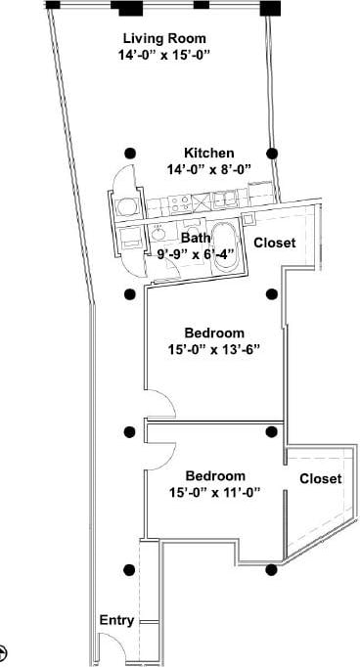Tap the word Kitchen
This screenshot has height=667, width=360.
click(x=209, y=154)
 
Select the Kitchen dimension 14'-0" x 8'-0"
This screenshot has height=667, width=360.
click(x=207, y=168)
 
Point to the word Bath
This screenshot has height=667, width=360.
click(x=196, y=238)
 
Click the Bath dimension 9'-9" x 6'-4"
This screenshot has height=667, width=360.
click(x=196, y=254)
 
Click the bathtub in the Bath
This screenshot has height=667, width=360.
click(x=224, y=245)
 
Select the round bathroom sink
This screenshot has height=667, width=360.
click(x=157, y=235)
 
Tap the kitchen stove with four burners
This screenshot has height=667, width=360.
click(x=179, y=203)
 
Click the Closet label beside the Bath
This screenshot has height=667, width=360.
click(x=275, y=243)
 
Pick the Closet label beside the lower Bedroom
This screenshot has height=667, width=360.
click(x=321, y=478)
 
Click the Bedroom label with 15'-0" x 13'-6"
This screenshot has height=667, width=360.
click(x=215, y=333)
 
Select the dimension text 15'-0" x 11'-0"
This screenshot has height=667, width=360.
click(x=214, y=492)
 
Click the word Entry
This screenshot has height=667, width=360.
click(x=116, y=621)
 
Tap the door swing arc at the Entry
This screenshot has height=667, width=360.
click(x=109, y=647)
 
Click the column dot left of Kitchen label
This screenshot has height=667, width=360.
click(x=129, y=154)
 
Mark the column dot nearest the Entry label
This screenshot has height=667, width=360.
click(x=128, y=571)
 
